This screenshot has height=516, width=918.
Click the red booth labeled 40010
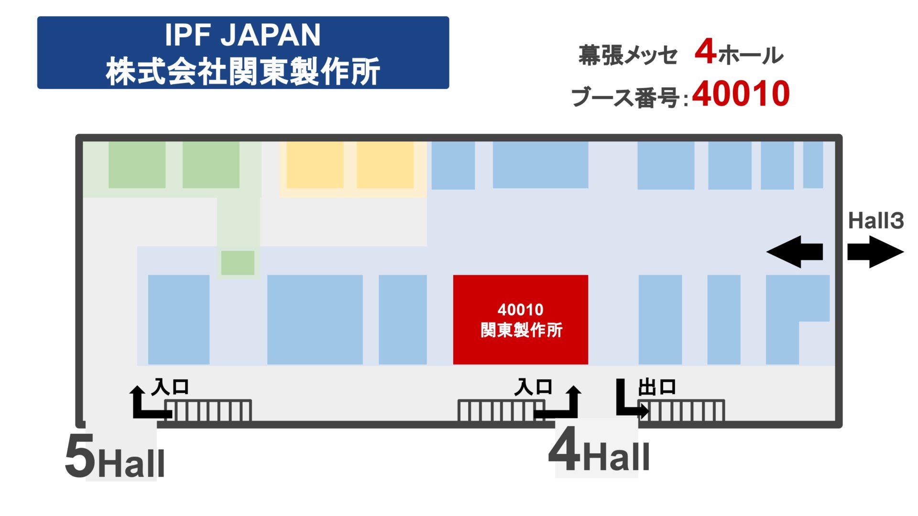520,319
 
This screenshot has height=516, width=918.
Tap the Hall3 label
875,221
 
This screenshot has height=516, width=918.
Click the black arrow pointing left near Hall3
794,252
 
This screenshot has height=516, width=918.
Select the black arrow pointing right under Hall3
875,252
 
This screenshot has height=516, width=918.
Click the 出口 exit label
657,387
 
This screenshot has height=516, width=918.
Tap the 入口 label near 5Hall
170,387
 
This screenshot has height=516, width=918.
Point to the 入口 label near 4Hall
533,387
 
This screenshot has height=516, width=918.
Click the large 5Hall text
115,457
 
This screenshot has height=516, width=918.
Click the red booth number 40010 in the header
741,94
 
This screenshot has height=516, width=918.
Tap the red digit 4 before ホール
705,52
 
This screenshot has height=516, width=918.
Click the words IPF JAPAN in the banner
242,35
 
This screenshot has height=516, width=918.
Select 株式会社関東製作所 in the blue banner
242,71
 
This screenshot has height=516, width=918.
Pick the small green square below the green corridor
238,263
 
